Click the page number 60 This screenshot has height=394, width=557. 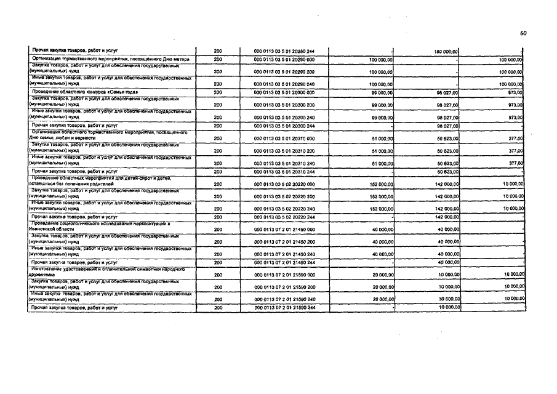coord(523,33)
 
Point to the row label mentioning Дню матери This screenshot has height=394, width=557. coord(111,60)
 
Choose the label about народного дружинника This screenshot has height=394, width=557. coord(108,271)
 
